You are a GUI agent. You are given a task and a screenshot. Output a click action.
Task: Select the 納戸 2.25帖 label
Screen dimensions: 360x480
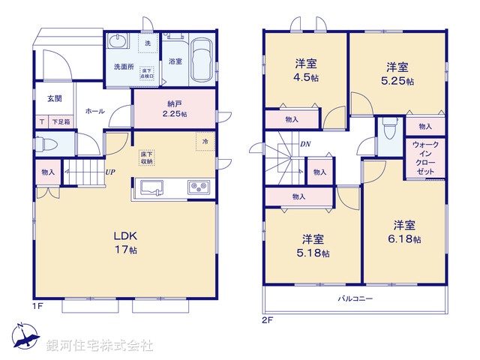click(x=174, y=108)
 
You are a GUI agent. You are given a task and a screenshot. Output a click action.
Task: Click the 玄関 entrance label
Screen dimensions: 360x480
click(x=55, y=98)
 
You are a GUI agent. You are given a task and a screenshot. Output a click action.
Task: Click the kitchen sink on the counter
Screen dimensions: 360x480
click(x=151, y=187)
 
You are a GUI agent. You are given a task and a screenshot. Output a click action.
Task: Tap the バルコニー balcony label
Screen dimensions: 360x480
click(x=355, y=298)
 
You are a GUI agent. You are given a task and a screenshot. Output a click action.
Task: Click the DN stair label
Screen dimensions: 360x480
click(x=306, y=143)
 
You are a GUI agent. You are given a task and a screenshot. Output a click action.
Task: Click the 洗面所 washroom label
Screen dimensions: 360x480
click(x=124, y=66)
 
